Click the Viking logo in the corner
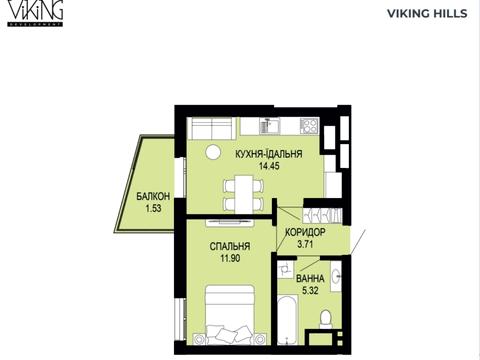[35, 13]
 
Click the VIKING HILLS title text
[427, 14]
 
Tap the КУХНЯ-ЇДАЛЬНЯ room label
[269, 154]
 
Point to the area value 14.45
[269, 166]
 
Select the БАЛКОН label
[153, 196]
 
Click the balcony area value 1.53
[153, 208]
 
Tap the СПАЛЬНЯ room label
[230, 246]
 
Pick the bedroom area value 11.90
[230, 258]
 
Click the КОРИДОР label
[305, 232]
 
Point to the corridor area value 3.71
[305, 244]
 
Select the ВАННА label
[310, 278]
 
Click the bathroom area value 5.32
[310, 290]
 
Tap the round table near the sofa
[213, 152]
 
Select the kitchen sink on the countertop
[270, 126]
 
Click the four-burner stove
[309, 126]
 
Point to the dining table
[244, 195]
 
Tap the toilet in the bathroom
[325, 319]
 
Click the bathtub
[287, 319]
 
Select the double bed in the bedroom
[229, 314]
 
